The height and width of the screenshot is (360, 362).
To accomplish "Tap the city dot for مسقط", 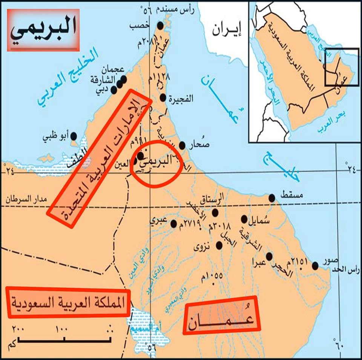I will coord(271,198).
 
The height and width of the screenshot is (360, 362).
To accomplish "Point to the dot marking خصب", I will coord(161,26).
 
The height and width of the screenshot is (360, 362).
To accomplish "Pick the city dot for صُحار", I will coord(183,146).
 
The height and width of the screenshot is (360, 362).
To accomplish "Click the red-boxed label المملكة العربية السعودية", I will coord(68,303).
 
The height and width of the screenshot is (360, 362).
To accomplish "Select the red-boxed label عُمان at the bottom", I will coord(222,315).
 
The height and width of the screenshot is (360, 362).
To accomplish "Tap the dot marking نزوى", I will coord(219,245).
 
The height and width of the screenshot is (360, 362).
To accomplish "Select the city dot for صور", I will coord(315,267).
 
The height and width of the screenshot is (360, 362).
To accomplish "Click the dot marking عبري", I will coord(173,224).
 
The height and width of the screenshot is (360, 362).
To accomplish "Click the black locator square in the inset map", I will coord(341,67).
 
